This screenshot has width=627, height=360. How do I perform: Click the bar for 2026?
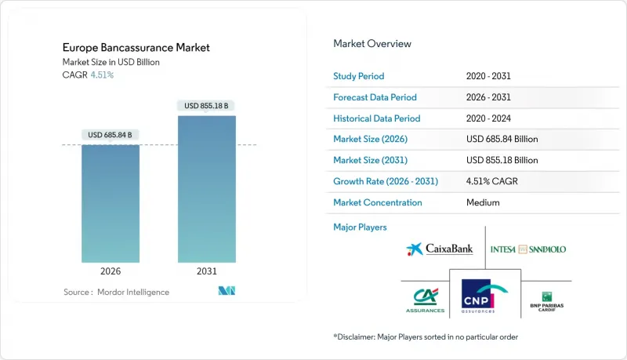tap(111, 203)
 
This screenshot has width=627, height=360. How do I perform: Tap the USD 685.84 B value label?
tap(111, 134)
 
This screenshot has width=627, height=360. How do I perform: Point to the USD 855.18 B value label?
tap(206, 105)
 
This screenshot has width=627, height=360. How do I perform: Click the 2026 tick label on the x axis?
tap(111, 271)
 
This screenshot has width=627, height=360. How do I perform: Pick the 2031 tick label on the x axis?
tap(206, 271)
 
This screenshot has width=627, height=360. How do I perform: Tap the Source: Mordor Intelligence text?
tap(116, 292)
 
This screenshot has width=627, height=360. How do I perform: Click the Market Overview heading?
tap(372, 43)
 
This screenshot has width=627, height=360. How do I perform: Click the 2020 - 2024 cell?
tap(491, 118)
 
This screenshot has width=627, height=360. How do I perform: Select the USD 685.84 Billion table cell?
tap(502, 140)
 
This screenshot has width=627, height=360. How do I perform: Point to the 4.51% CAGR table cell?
tap(493, 181)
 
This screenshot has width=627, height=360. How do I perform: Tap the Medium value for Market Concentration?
tap(482, 202)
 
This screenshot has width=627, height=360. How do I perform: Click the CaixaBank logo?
tap(440, 249)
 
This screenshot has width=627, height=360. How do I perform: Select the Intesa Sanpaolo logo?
tap(527, 249)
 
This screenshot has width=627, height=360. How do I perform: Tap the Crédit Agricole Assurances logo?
tap(425, 299)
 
